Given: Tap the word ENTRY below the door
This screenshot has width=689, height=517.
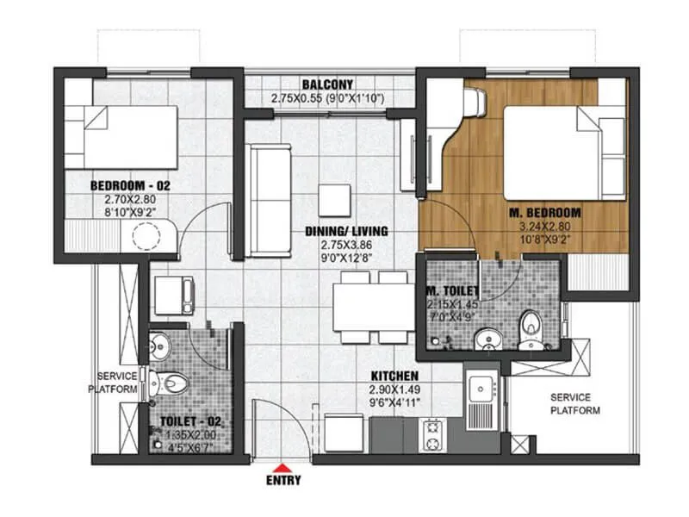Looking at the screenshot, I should pyautogui.click(x=284, y=480).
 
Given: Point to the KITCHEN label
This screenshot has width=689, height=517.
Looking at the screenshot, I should pyautogui.click(x=394, y=377).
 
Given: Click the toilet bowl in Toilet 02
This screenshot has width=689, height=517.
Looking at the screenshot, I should pyautogui.click(x=165, y=381).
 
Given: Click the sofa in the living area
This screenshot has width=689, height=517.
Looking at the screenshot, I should pyautogui.click(x=270, y=200).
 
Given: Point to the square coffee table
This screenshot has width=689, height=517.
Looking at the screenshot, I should pyautogui.click(x=334, y=200).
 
